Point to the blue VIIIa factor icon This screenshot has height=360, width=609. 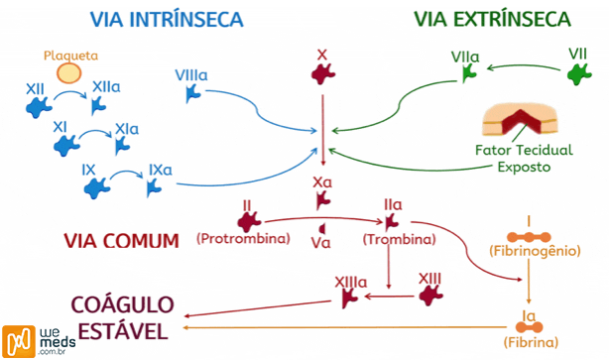(x=193, y=95)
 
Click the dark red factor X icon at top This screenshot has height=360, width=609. (x=321, y=72)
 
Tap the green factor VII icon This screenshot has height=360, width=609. (x=578, y=73)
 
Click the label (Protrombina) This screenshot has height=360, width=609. (x=242, y=239)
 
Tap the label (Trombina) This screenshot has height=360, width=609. (x=400, y=239)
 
